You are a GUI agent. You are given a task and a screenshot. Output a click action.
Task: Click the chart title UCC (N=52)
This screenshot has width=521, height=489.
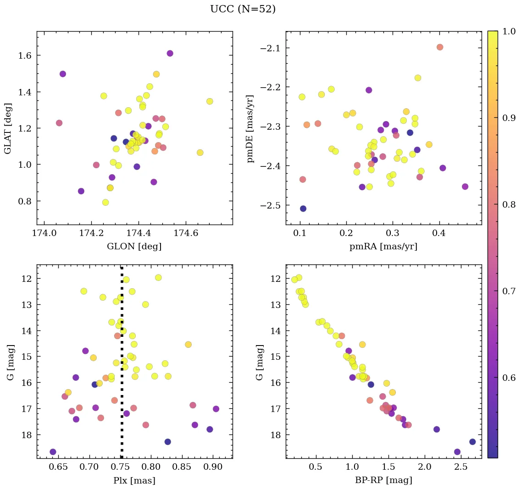(243, 9)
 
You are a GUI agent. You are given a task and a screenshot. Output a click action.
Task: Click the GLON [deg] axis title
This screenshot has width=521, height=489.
(134, 247)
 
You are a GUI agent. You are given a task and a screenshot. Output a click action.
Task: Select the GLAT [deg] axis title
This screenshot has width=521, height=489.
(8, 128)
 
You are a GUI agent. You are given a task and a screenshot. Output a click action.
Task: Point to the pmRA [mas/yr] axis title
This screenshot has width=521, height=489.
(383, 247)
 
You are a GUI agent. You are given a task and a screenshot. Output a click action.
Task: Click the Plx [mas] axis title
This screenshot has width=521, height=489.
(134, 480)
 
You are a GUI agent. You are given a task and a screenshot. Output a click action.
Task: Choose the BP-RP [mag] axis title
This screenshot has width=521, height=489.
(383, 480)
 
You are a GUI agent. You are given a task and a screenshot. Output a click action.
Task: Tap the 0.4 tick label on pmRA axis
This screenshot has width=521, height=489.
(439, 234)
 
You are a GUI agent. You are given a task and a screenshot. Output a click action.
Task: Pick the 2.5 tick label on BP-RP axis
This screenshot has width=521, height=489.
(462, 467)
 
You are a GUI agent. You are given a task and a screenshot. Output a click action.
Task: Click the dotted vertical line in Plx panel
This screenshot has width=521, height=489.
(122, 390)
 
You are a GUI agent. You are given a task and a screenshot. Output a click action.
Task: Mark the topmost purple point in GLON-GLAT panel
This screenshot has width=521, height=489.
(170, 53)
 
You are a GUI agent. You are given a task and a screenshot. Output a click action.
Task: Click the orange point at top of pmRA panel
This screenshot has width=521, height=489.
(440, 47)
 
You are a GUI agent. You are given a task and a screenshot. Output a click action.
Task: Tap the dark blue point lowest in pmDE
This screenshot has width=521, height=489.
(303, 209)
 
